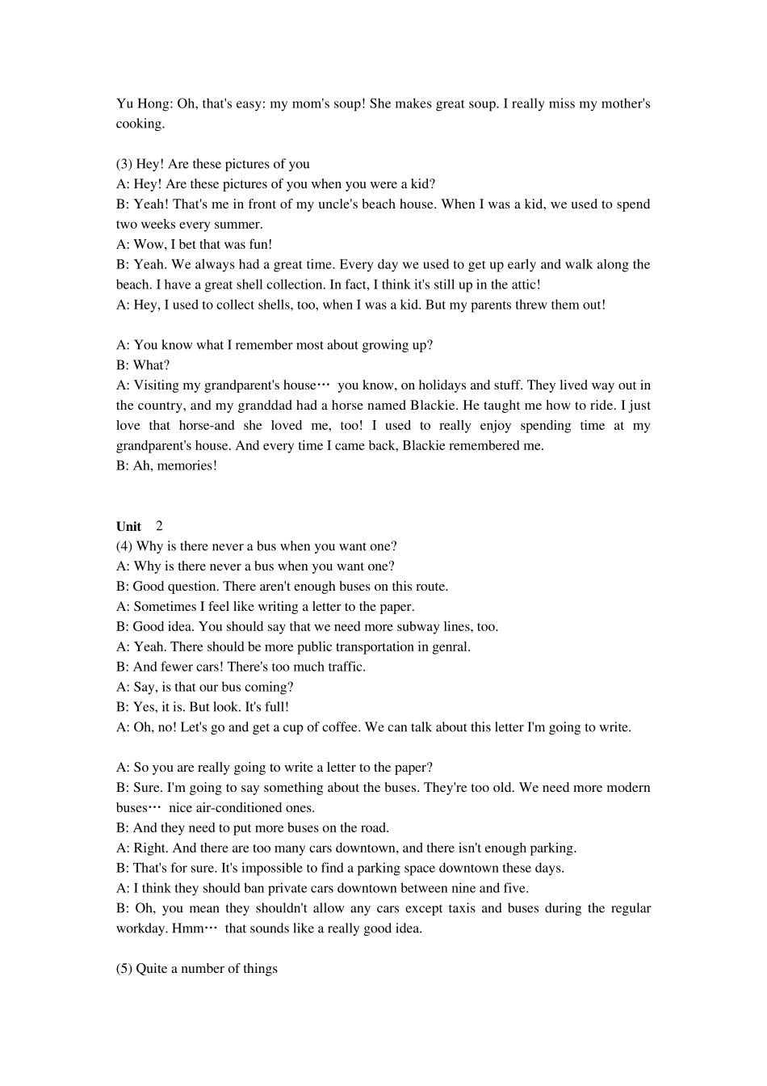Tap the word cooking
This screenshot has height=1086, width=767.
click(140, 124)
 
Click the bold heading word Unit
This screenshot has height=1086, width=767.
click(128, 527)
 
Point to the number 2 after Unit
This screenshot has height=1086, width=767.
click(159, 526)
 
